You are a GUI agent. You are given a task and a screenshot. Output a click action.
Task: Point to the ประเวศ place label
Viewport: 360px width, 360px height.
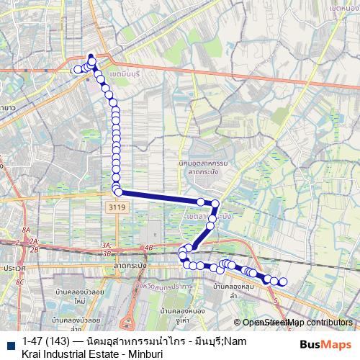coord(14,267)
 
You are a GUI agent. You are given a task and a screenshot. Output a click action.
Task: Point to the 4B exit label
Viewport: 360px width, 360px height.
coord(149,248)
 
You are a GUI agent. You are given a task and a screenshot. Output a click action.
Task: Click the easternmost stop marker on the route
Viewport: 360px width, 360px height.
coord(283,282)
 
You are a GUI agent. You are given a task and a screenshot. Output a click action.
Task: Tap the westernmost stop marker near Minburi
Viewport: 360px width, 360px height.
coord(77,70)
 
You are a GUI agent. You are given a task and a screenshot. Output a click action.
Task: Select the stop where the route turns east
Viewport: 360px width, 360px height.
coord(118,192)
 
